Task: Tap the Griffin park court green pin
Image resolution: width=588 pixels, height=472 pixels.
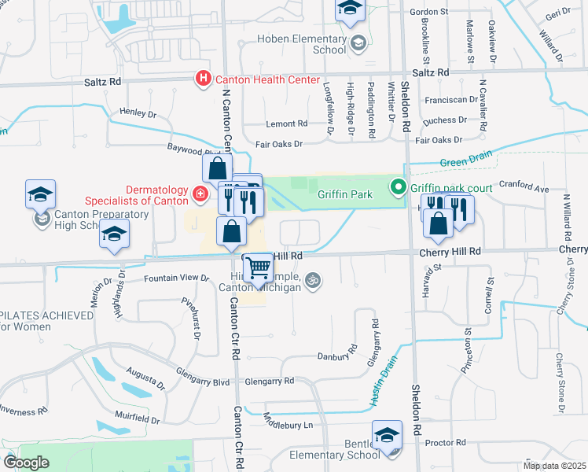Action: pos(399,188)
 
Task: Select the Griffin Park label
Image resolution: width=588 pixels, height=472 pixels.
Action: pos(344,194)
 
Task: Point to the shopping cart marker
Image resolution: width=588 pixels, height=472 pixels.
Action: pos(258,268)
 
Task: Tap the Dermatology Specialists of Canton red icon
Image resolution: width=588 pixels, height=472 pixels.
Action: pos(200,193)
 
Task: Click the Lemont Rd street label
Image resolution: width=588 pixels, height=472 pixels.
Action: pos(287,124)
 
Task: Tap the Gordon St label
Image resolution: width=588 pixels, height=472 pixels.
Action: pos(428,13)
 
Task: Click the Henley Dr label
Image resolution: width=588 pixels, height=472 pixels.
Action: pos(138,113)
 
